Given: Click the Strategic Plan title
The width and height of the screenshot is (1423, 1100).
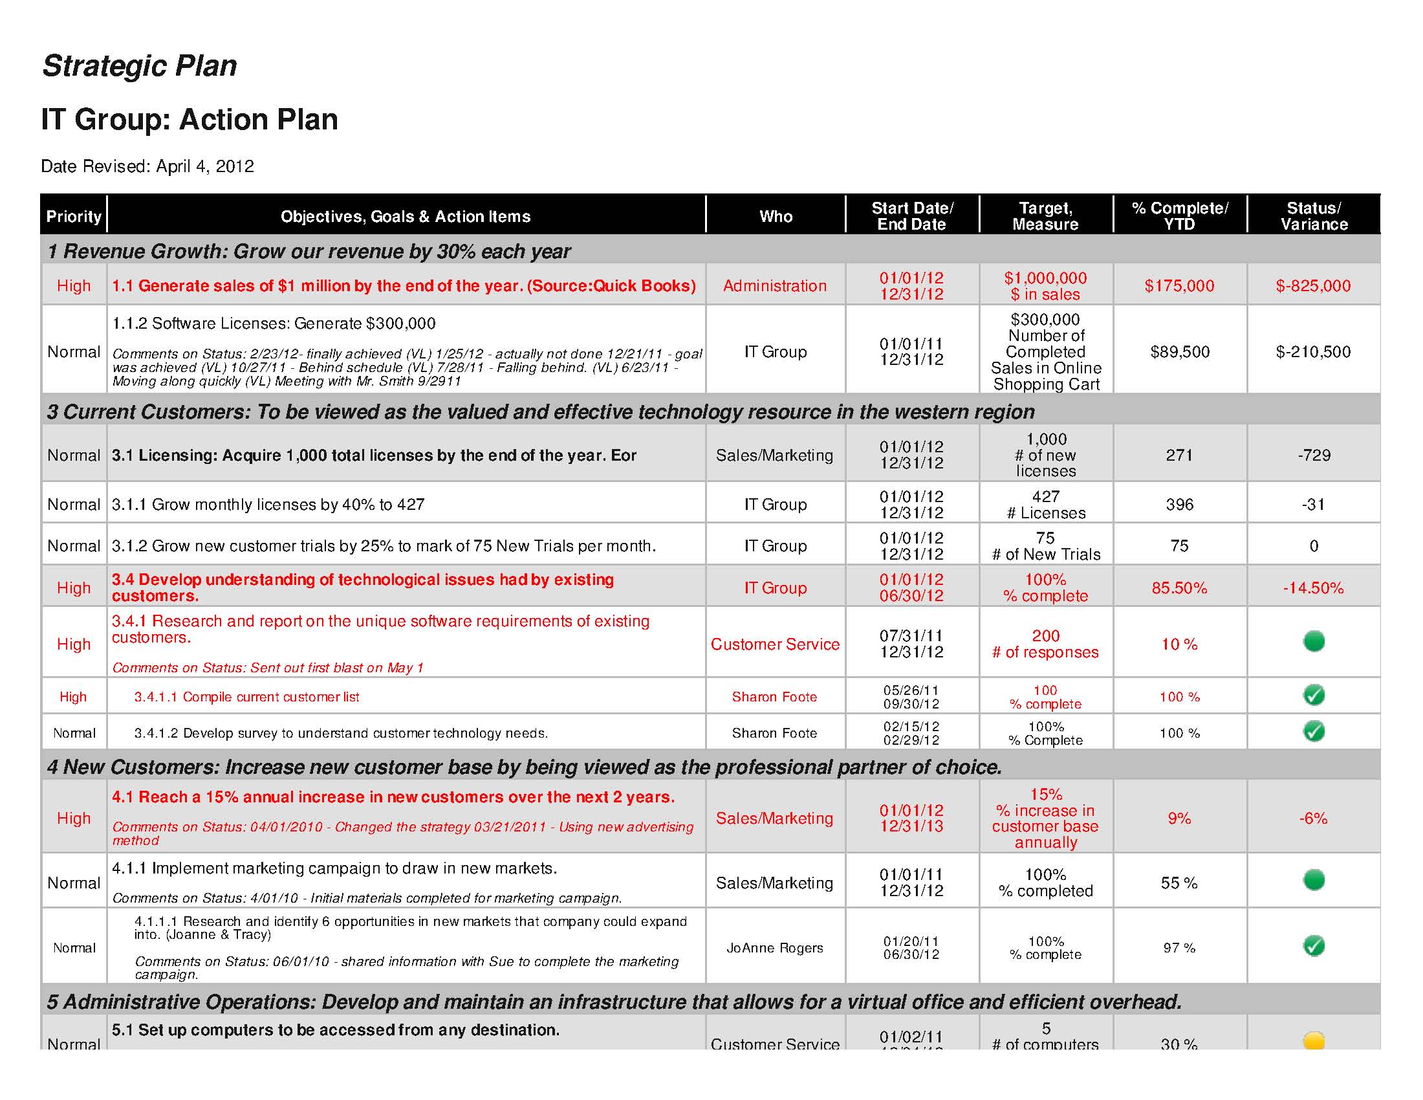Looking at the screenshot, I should click(140, 66).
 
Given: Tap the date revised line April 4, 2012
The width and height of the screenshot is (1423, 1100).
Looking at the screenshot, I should click(147, 166).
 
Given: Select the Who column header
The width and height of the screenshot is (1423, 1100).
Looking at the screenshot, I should click(776, 216).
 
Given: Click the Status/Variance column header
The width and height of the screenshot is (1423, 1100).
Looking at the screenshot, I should click(1314, 215).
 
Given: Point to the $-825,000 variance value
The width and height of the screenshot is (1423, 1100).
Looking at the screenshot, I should click(1313, 285).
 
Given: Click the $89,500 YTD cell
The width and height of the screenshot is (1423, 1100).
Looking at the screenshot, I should click(1179, 352).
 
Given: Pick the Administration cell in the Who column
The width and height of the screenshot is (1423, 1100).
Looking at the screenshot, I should click(775, 285).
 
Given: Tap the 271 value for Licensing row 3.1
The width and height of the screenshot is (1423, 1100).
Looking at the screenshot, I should click(1179, 455).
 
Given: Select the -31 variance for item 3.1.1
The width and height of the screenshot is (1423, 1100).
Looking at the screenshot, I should click(1314, 505).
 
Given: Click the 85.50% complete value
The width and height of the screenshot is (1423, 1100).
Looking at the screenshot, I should click(1179, 588).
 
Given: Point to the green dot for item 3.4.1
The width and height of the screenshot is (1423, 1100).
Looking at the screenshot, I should click(1314, 641).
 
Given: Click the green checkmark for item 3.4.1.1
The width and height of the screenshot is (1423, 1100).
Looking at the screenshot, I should click(1314, 696).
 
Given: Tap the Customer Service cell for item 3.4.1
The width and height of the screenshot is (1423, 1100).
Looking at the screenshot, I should click(775, 644).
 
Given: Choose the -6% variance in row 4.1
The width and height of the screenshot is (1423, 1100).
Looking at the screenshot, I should click(1314, 818).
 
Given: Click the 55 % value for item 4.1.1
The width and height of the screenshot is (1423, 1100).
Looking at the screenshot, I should click(1179, 883).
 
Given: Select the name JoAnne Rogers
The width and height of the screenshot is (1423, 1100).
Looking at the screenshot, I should click(775, 947).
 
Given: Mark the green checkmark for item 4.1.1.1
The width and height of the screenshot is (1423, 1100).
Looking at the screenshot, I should click(1314, 945).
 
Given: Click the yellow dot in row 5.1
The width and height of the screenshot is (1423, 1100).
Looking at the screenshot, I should click(1314, 1040).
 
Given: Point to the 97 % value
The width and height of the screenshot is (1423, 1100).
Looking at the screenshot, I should click(1179, 947).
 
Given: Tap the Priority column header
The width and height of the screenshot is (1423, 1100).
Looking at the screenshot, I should click(74, 216).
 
